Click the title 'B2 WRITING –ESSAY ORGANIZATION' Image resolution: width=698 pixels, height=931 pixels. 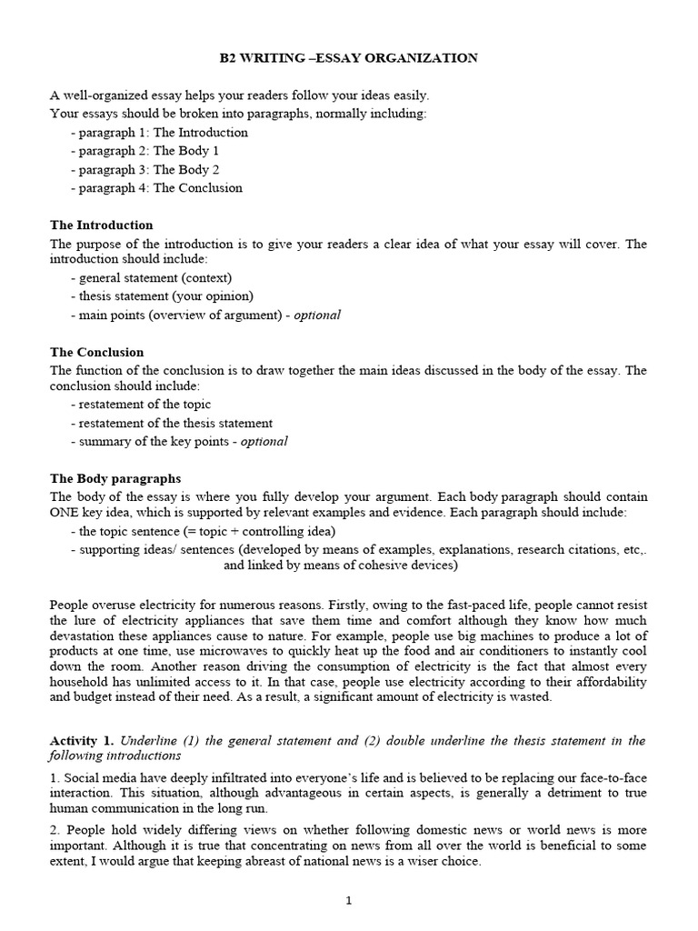point(349,58)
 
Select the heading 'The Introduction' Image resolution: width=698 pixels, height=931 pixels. point(102,225)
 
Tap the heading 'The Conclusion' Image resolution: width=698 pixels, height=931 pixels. point(97,352)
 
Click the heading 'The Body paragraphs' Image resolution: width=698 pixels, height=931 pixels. point(115,478)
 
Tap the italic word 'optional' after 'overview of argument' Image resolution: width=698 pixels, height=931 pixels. point(317,315)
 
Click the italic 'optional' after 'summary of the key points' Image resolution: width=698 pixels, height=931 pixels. point(264,441)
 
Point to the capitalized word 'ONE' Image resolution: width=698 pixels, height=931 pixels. point(66,513)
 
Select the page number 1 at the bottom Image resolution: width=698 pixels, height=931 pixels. point(348,901)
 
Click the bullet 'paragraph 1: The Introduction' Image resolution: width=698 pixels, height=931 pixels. point(163,133)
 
